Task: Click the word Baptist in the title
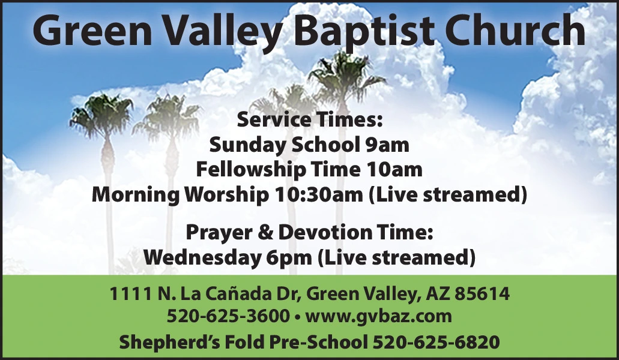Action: point(363,31)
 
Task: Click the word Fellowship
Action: point(251,170)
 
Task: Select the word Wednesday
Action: point(201,257)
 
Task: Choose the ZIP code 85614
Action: point(482,294)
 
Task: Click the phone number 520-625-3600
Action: point(229,316)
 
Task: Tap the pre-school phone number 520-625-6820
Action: point(436,342)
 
